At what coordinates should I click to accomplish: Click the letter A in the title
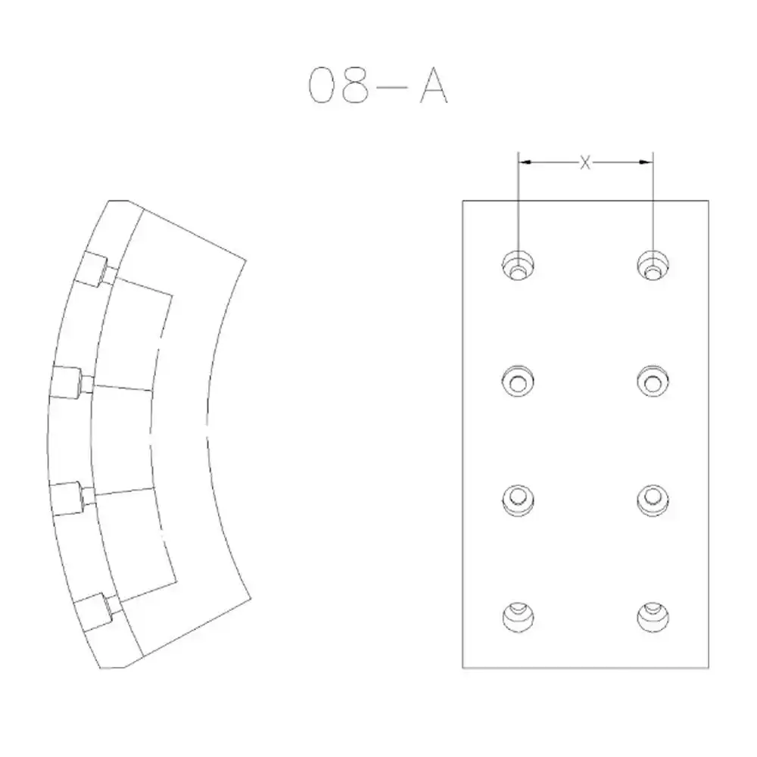coord(434,86)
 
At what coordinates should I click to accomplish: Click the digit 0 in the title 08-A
coord(322,86)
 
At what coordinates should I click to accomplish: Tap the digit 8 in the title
coord(355,86)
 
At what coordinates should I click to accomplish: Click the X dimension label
coord(585,163)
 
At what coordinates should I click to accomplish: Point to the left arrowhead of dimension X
coord(525,162)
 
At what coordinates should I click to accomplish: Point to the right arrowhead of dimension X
coord(646,162)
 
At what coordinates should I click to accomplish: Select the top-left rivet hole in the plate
coord(518,266)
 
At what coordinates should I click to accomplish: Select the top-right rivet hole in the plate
coord(653,266)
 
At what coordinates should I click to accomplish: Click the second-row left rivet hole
coord(518,381)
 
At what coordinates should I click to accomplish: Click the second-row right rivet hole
coord(653,381)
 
